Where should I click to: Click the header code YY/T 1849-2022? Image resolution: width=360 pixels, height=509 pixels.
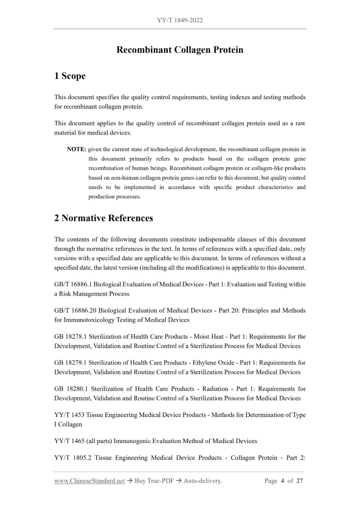[x=180, y=20]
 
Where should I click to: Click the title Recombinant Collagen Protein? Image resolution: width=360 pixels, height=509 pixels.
[x=180, y=50]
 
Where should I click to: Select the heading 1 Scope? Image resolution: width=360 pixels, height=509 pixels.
[x=70, y=76]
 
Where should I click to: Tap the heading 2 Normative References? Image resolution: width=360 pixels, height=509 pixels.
[x=103, y=218]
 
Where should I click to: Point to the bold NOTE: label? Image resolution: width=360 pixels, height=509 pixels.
[x=76, y=150]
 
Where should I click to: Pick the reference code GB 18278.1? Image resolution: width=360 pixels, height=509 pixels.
[x=71, y=337]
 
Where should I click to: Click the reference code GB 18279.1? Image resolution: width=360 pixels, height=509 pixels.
[x=71, y=363]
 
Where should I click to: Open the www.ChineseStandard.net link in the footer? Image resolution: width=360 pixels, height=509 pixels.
[x=89, y=481]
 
